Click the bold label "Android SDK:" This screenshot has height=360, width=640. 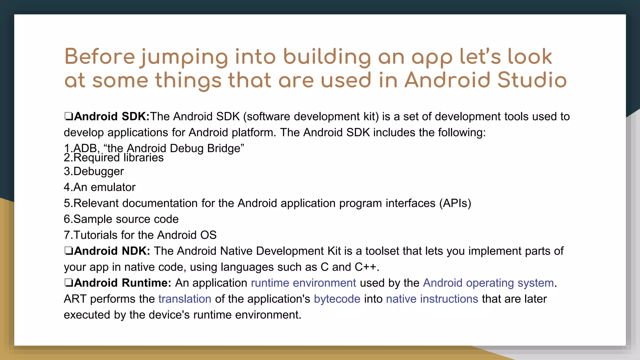point(112,117)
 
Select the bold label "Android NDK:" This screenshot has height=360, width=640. point(112,251)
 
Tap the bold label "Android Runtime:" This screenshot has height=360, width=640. point(122,283)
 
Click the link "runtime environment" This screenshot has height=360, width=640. point(303,283)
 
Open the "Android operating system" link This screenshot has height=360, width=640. point(488,283)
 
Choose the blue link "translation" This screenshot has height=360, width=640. point(185,299)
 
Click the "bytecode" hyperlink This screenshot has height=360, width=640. point(337,299)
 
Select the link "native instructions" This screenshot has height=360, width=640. point(432,299)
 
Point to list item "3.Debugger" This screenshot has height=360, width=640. point(94,172)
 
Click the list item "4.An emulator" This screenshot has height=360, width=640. point(100,187)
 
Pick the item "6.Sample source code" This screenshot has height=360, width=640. point(121,219)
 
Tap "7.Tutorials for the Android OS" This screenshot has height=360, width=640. point(140,235)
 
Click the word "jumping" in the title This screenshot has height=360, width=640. point(184,57)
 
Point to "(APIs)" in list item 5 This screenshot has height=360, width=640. point(455,203)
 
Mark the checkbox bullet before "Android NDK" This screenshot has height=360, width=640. point(68,251)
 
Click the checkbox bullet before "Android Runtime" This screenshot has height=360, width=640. point(68,283)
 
